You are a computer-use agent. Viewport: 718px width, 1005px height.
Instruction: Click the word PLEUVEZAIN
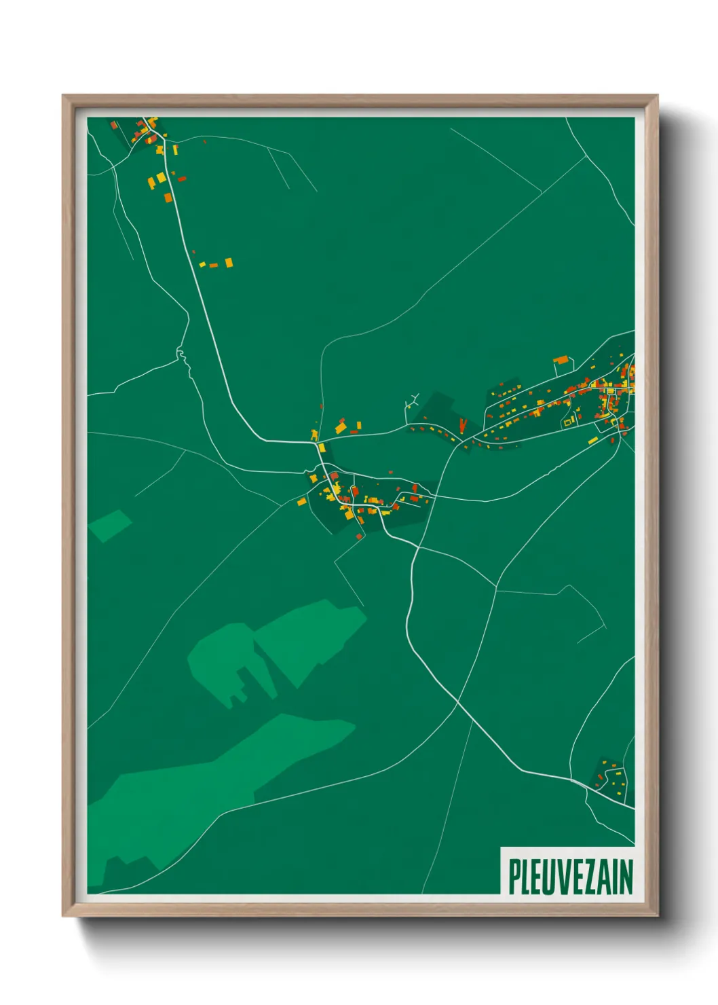570,877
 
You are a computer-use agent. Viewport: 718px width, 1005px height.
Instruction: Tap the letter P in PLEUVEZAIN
514,877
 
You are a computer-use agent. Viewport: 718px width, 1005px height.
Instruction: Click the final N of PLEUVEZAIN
626,877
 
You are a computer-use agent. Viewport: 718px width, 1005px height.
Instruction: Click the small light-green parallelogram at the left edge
109,525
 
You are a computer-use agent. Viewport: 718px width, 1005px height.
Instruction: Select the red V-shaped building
463,426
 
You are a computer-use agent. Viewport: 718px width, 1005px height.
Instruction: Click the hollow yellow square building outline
569,421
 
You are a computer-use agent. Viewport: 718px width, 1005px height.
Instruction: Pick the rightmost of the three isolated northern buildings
229,262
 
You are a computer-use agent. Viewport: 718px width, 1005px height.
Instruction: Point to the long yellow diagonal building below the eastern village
592,441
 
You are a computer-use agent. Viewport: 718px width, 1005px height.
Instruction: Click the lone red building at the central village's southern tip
359,536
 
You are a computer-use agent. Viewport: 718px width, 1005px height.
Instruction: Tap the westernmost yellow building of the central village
301,502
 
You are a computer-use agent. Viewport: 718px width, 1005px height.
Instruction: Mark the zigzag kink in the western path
181,354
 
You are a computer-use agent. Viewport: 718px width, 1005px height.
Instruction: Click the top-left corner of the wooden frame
64,96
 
